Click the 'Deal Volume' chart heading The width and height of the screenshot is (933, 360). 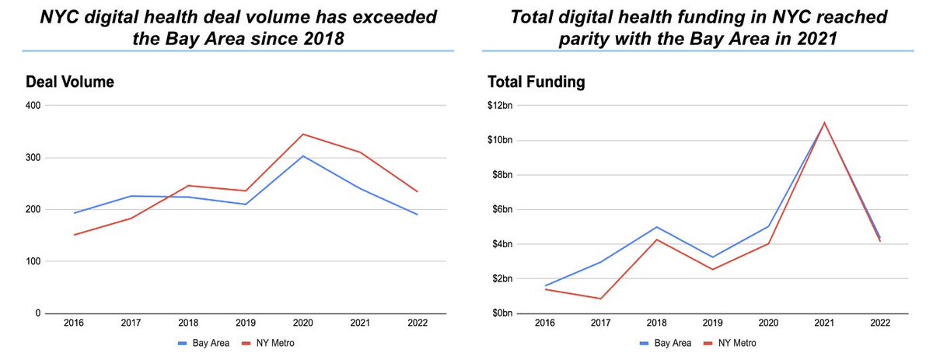(70, 82)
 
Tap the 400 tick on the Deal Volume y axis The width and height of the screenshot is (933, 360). (32, 106)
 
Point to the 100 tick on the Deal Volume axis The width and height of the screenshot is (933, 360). (32, 261)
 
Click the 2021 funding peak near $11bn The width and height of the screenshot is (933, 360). (823, 123)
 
